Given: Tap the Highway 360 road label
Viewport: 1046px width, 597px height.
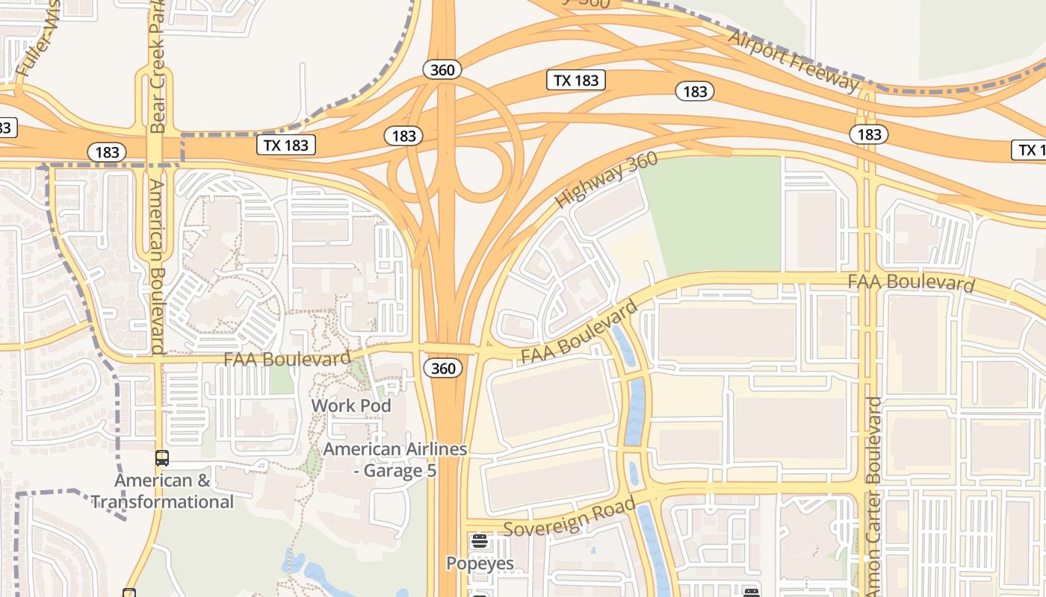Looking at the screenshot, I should [606, 180].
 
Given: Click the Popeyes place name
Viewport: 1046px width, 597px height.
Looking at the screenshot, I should [480, 563].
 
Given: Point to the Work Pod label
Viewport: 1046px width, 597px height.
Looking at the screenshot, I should [351, 405].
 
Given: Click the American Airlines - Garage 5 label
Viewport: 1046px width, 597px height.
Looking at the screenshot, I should [394, 460].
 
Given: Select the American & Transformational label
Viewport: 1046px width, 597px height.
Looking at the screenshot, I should [163, 491].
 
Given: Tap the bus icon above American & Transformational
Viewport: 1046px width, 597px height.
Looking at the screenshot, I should [162, 458].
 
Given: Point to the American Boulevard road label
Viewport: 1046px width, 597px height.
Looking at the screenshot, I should [156, 266].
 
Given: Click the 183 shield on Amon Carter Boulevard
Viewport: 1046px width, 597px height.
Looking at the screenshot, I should [868, 134].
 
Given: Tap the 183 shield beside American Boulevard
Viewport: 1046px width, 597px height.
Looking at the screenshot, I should [107, 151].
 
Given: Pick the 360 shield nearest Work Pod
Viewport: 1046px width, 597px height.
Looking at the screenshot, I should [442, 368].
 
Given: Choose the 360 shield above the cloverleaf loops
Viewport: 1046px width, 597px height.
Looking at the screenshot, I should [442, 70].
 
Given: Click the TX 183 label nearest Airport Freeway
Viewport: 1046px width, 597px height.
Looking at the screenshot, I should [576, 80].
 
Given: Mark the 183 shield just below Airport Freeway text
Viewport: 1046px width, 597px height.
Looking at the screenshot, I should [695, 91].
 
